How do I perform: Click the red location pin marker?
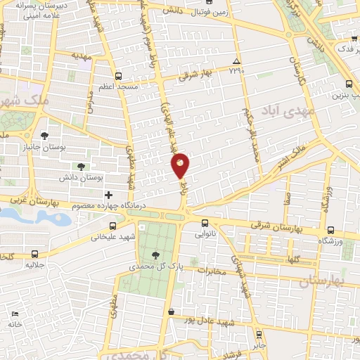[x=180, y=165]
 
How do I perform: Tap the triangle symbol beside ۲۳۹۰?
[x=237, y=61]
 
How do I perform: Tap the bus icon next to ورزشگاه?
[x=331, y=229]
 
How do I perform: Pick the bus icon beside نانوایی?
[x=205, y=224]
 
